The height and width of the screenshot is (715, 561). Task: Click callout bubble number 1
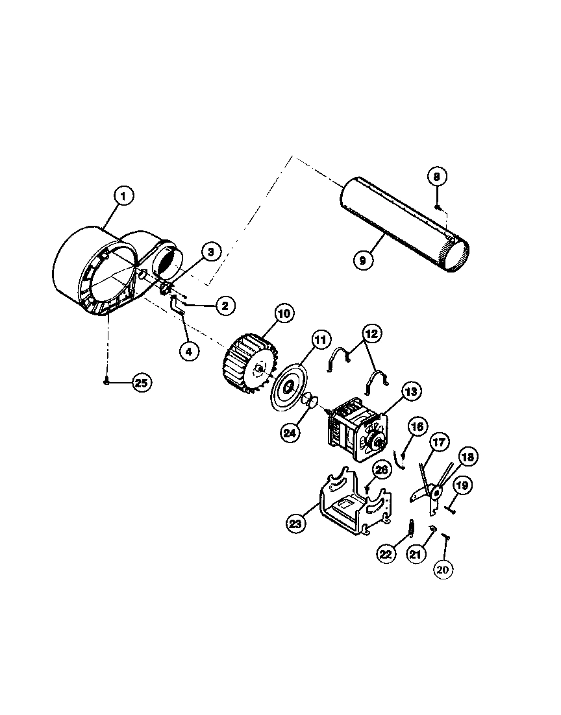pyautogui.click(x=123, y=195)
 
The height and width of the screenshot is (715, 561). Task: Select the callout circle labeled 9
pyautogui.click(x=363, y=260)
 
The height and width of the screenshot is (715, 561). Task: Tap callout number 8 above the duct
pyautogui.click(x=437, y=176)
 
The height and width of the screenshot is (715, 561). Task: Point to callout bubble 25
pyautogui.click(x=141, y=383)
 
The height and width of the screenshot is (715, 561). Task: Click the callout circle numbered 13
pyautogui.click(x=411, y=391)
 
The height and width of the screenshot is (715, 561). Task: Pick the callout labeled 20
pyautogui.click(x=443, y=569)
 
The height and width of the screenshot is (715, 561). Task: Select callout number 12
pyautogui.click(x=371, y=335)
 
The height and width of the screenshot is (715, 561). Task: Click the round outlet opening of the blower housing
pyautogui.click(x=170, y=263)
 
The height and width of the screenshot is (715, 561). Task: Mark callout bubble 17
pyautogui.click(x=440, y=443)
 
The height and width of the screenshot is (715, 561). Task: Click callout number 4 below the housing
pyautogui.click(x=188, y=351)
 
